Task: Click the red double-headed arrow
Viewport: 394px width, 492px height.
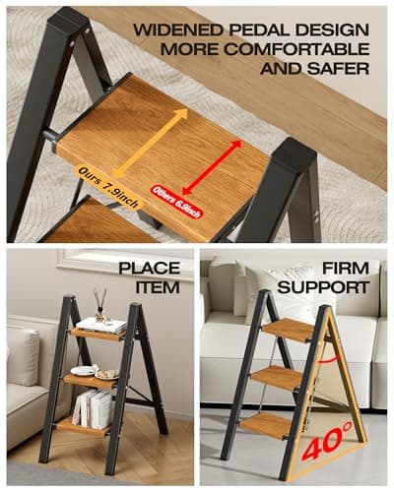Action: tap(210, 165)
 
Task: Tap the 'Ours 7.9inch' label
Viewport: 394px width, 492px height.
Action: tap(109, 186)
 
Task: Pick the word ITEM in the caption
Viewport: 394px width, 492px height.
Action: tap(158, 286)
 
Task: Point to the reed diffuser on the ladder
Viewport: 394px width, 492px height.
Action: tap(99, 305)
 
